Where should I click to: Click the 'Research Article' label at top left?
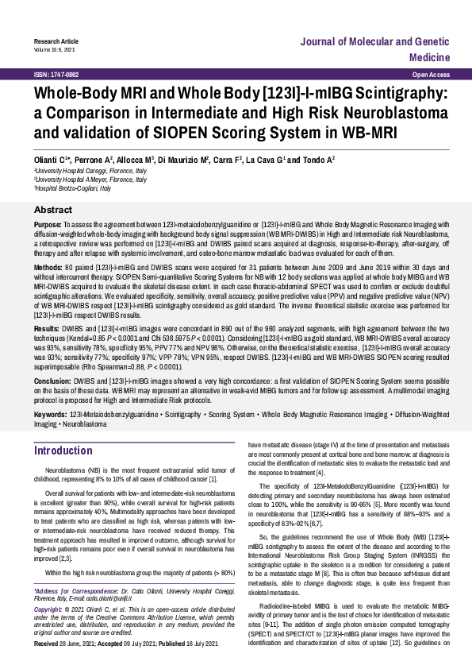pos(56,40)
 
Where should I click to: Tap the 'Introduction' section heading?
pos(63,451)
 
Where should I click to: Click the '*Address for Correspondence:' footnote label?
pos(75,592)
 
